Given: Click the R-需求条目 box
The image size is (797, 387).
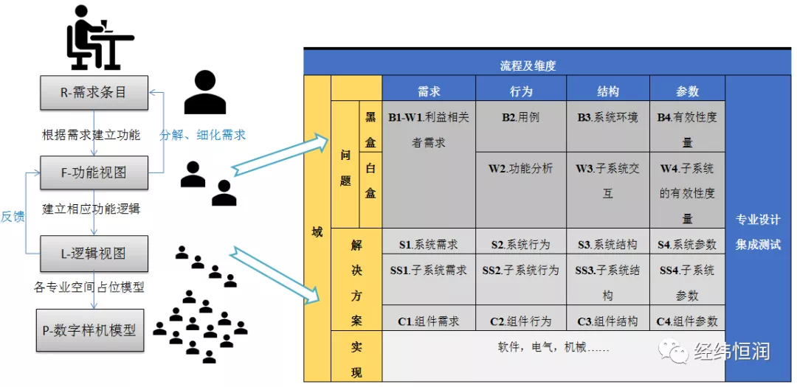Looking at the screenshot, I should pyautogui.click(x=94, y=93).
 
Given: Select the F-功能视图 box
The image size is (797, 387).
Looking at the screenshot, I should pyautogui.click(x=94, y=172).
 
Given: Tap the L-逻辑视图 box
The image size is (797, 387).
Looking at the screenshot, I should pyautogui.click(x=94, y=254).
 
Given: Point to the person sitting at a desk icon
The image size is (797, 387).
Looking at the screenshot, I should pyautogui.click(x=97, y=36).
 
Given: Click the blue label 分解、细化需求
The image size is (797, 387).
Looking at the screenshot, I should pyautogui.click(x=202, y=135).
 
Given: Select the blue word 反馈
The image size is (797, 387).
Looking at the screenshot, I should pyautogui.click(x=13, y=216).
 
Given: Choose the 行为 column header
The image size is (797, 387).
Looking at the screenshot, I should pyautogui.click(x=521, y=91).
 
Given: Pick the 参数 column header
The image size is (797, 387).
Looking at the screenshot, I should pyautogui.click(x=687, y=91).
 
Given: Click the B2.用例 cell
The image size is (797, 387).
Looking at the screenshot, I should pyautogui.click(x=521, y=117).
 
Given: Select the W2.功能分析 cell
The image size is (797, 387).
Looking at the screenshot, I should pyautogui.click(x=521, y=169).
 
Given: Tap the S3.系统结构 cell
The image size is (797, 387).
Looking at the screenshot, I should pyautogui.click(x=607, y=244).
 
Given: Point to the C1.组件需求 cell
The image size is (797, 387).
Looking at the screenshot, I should pyautogui.click(x=429, y=321).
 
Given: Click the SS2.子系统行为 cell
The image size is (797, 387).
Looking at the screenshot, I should pyautogui.click(x=521, y=271).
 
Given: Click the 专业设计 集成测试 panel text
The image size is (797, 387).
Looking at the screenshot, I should pyautogui.click(x=758, y=231).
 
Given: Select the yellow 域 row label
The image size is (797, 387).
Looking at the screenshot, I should pyautogui.click(x=317, y=231).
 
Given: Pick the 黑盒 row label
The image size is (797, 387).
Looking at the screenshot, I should pyautogui.click(x=370, y=130).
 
